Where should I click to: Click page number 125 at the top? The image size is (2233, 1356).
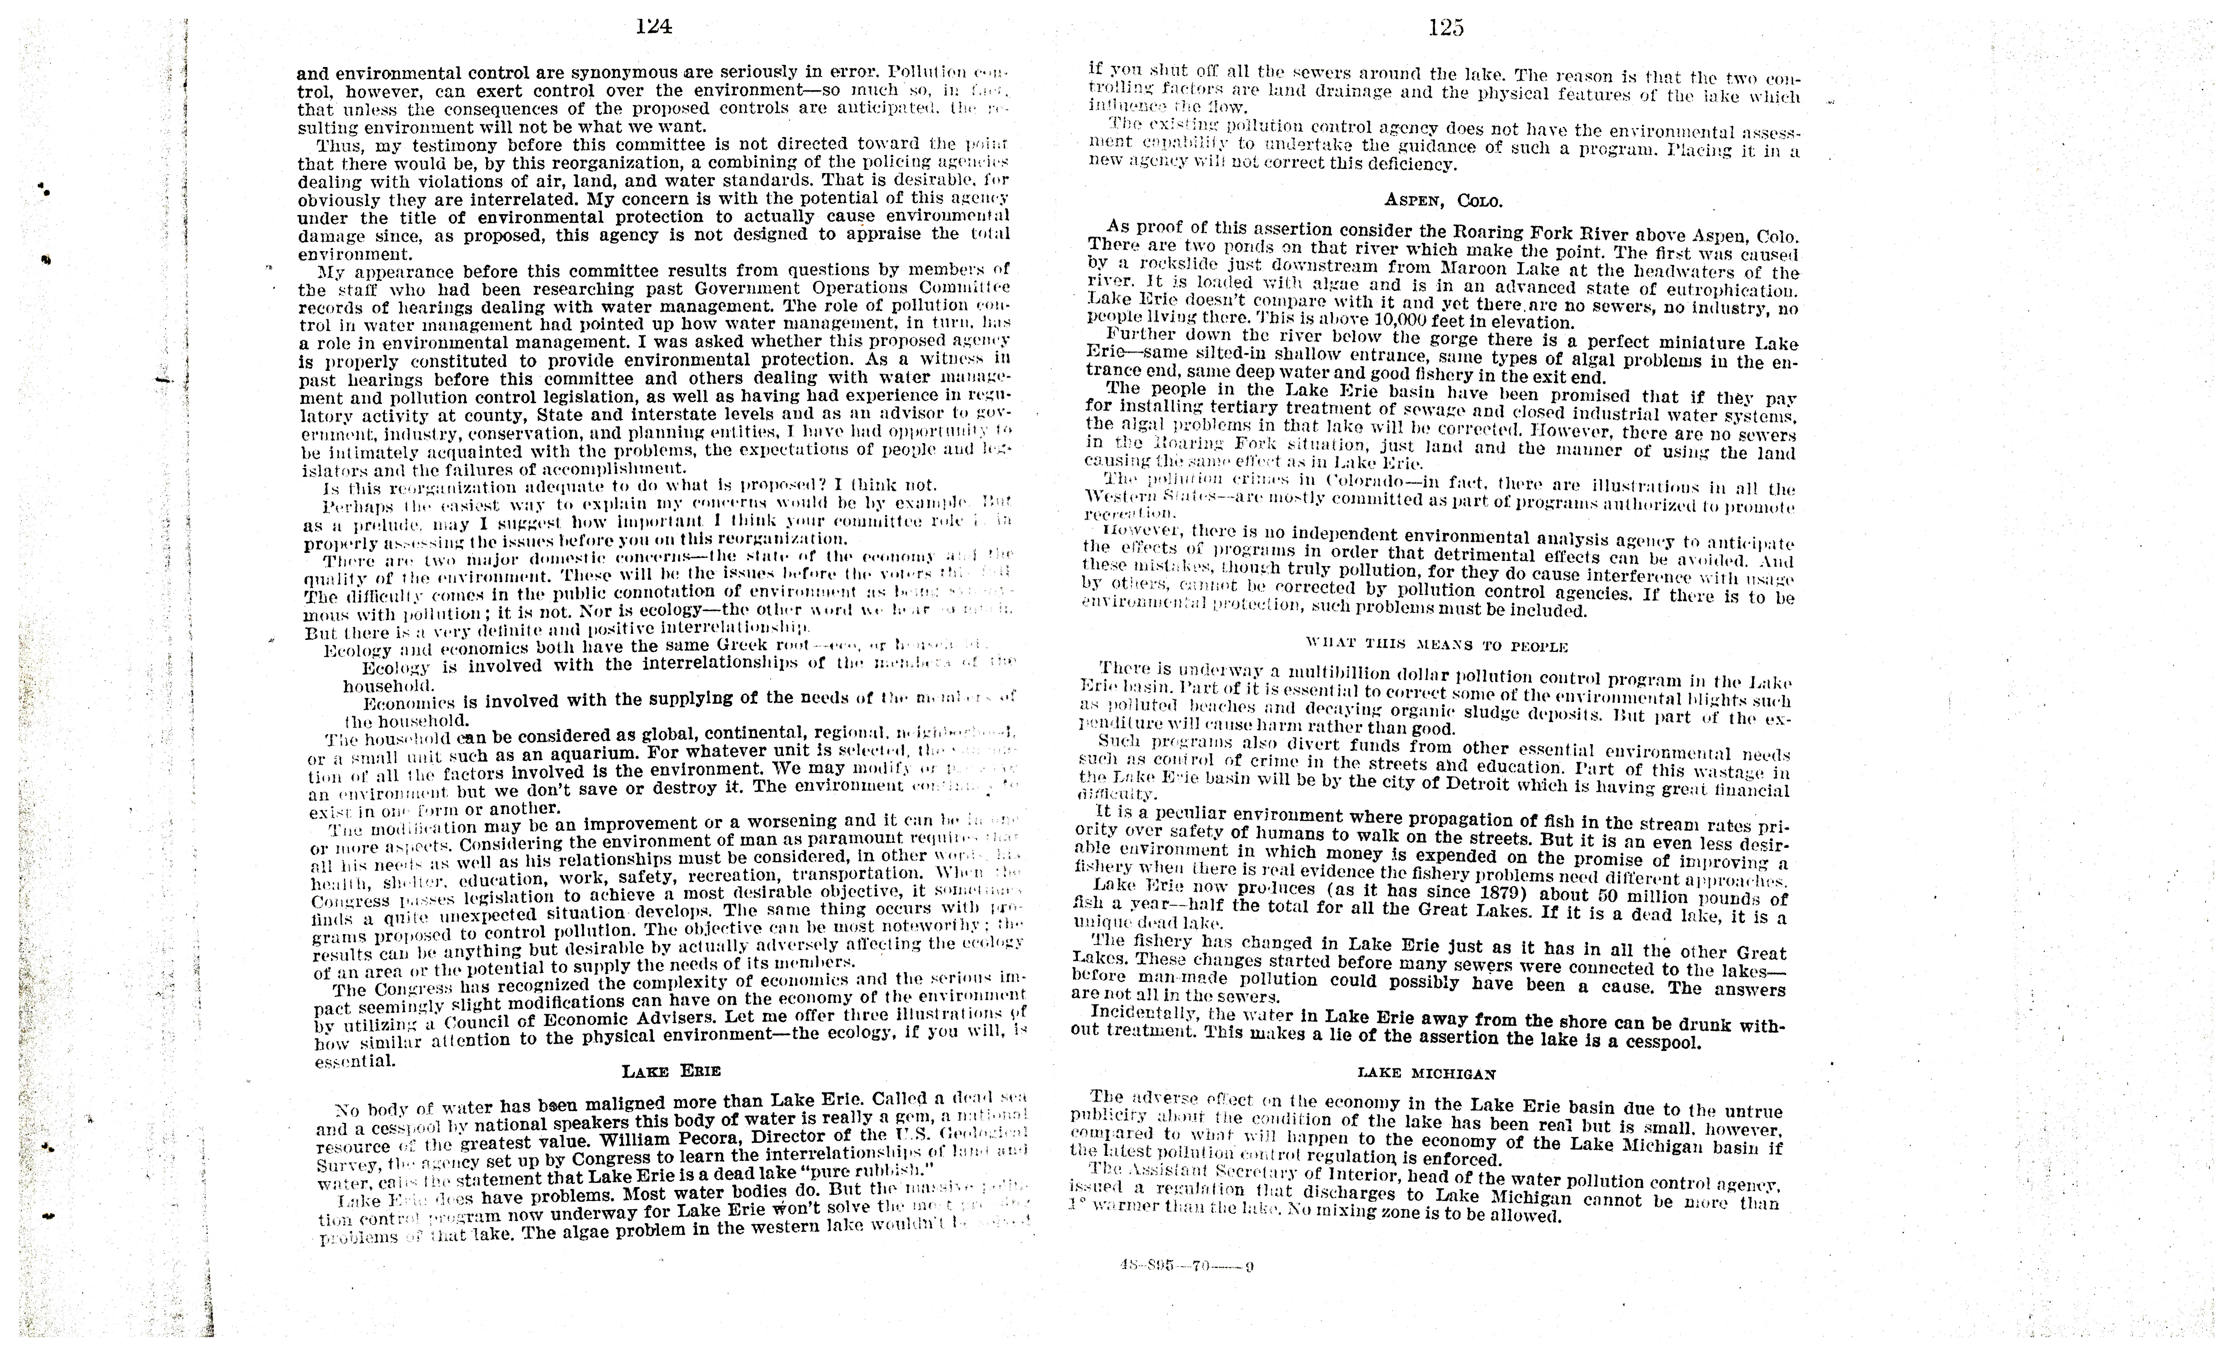[1446, 28]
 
